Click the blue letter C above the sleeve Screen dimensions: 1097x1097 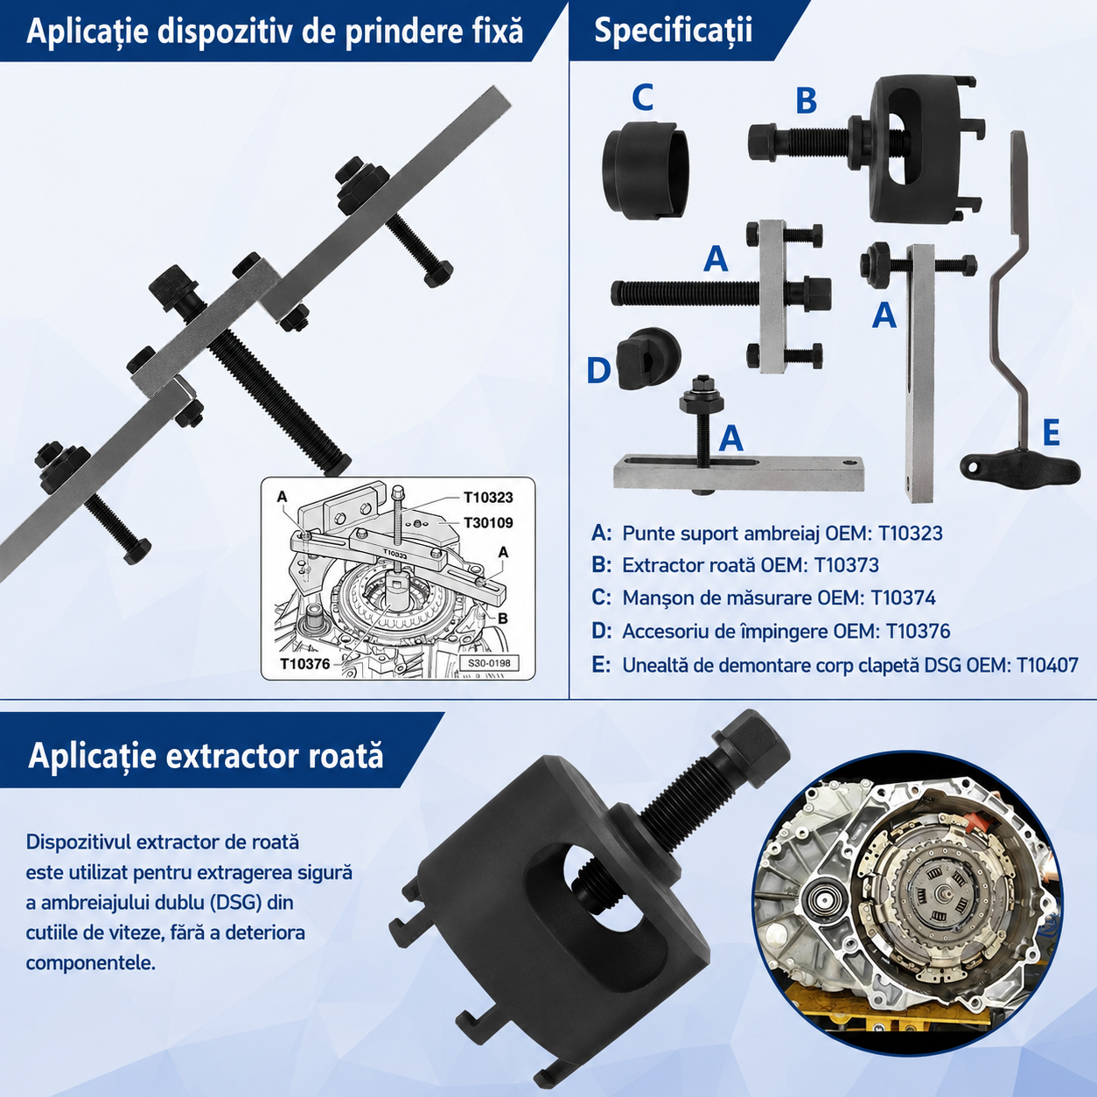click(642, 97)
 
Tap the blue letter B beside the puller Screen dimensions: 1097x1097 click(806, 101)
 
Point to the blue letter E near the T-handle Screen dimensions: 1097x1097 click(1051, 433)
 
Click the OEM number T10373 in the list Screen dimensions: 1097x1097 click(847, 565)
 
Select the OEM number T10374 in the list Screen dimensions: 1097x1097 click(904, 597)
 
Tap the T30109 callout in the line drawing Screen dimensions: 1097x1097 click(488, 522)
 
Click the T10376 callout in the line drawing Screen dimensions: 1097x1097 click(305, 664)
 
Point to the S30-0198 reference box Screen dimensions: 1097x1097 click(489, 664)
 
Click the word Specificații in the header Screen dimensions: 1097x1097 click(673, 30)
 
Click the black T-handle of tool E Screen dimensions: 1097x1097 click(1019, 467)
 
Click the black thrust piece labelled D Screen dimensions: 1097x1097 click(647, 358)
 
